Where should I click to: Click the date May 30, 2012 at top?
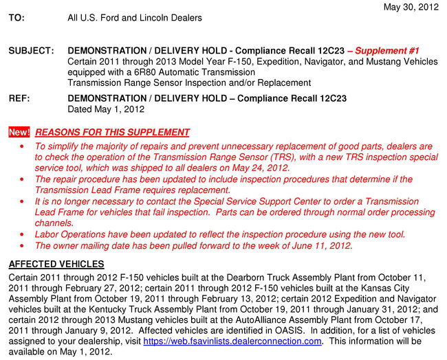(411, 7)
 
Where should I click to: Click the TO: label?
(17, 18)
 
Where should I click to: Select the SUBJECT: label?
(31, 52)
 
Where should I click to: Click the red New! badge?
(19, 132)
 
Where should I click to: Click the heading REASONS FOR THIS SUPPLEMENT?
(112, 132)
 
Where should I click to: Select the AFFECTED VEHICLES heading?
(56, 264)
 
